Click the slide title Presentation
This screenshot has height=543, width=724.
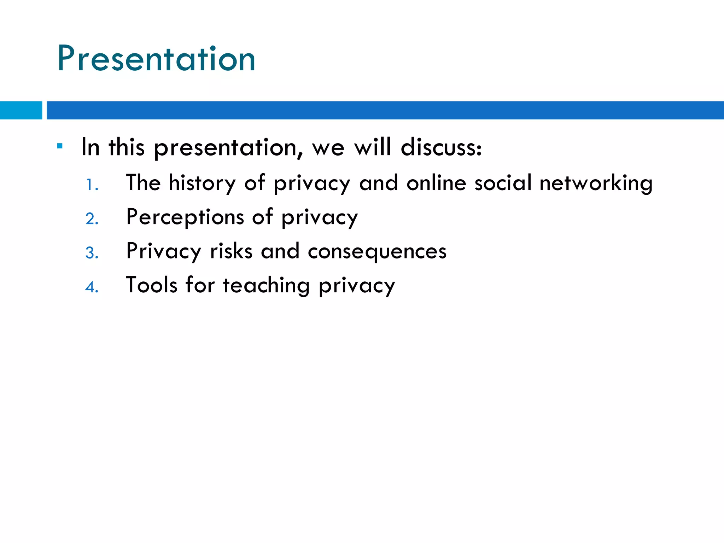click(x=156, y=59)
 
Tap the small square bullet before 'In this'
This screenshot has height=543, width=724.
click(x=60, y=146)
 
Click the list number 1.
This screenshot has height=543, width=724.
click(x=92, y=185)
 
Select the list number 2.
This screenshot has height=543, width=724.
click(x=92, y=219)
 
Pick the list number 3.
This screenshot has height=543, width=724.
click(x=92, y=253)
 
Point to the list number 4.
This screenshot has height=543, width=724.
click(x=92, y=287)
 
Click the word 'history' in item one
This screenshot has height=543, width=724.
click(x=202, y=183)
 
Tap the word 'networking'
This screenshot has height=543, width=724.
click(x=596, y=183)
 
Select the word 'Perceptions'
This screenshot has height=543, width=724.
click(x=185, y=217)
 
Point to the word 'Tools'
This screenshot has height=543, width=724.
click(x=152, y=285)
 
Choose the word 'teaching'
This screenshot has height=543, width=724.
click(x=266, y=285)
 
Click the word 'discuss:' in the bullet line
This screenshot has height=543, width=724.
click(x=441, y=147)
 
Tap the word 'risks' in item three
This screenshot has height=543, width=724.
click(x=231, y=251)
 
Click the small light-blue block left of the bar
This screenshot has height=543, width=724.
click(x=21, y=110)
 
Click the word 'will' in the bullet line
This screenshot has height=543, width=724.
click(x=373, y=147)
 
